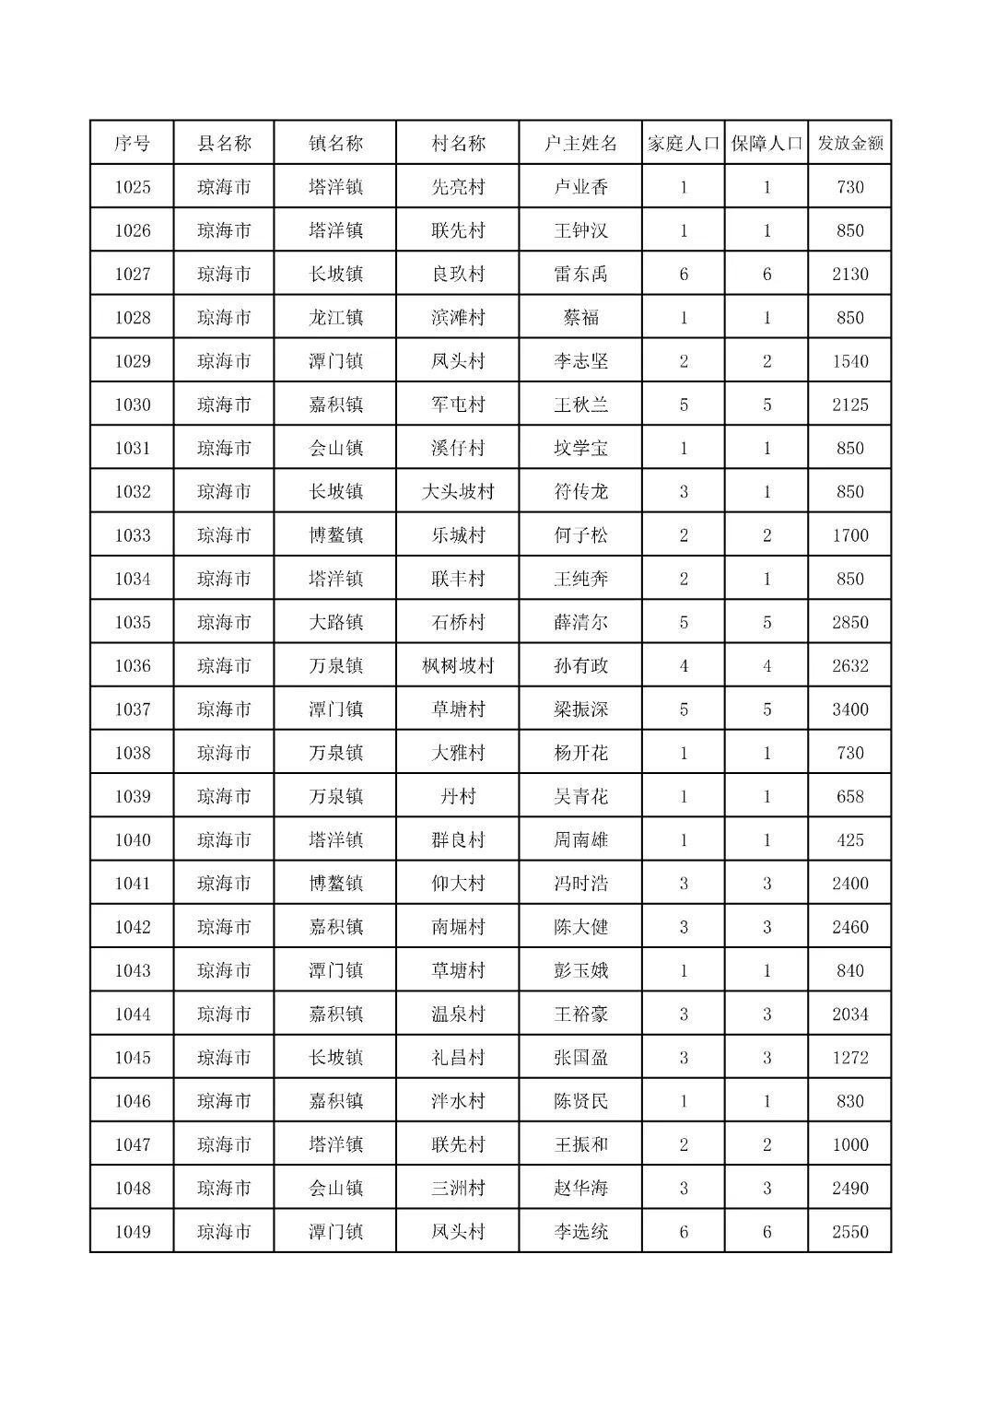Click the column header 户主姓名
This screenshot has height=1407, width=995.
click(x=580, y=144)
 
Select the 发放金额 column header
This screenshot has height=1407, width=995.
click(x=849, y=144)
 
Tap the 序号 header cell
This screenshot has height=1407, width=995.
click(x=132, y=144)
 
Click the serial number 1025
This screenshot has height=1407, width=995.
click(x=132, y=187)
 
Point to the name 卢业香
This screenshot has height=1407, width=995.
click(x=580, y=187)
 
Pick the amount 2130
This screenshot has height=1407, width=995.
click(x=849, y=275)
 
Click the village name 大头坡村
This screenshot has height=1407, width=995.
click(x=458, y=492)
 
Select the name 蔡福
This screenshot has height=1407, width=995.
click(x=580, y=318)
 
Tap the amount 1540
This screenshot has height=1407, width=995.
click(x=849, y=361)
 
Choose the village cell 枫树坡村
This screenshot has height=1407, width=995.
click(x=458, y=666)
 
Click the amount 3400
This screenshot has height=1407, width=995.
click(x=849, y=709)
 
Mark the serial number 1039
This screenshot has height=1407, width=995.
click(x=132, y=796)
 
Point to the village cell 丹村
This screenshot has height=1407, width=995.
click(x=458, y=796)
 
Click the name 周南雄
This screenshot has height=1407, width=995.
click(x=580, y=840)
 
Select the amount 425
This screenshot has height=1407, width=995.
click(x=849, y=840)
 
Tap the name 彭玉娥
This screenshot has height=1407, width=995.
click(x=580, y=970)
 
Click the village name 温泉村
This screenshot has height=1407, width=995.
click(x=458, y=1014)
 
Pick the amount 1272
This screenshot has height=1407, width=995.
click(x=849, y=1058)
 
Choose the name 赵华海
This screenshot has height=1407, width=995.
click(x=580, y=1189)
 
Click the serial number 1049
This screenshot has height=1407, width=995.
click(x=132, y=1232)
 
